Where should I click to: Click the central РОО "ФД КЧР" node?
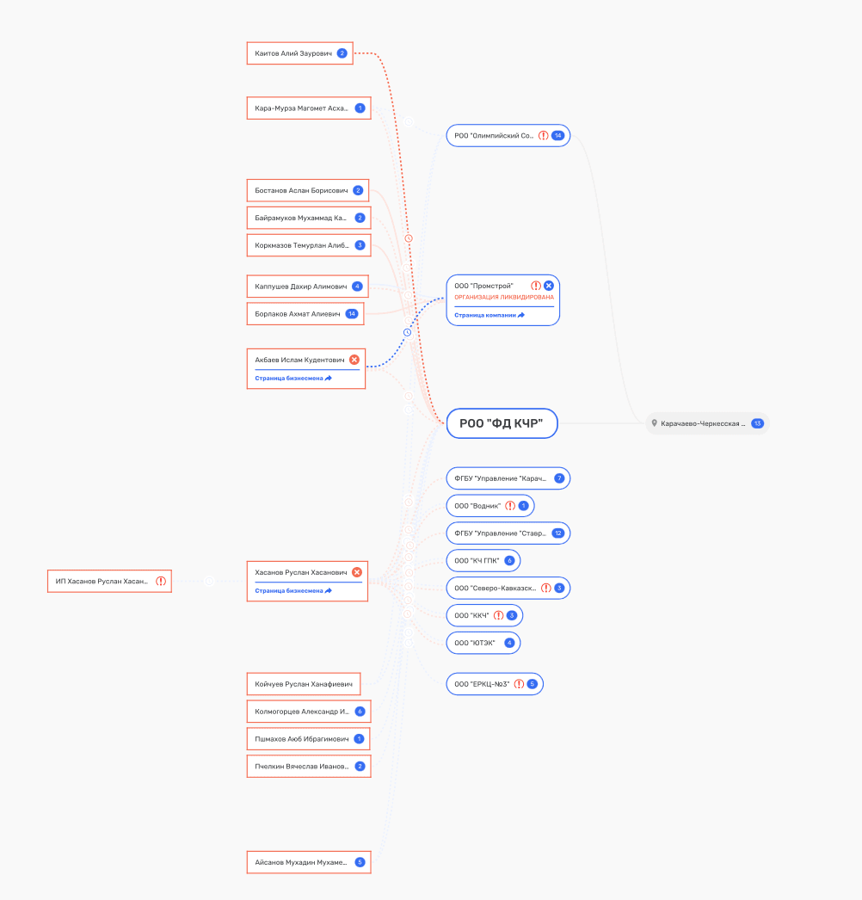click(502, 423)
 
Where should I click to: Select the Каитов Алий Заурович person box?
click(299, 53)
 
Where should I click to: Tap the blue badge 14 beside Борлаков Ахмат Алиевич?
click(352, 314)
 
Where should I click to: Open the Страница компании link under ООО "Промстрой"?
click(489, 315)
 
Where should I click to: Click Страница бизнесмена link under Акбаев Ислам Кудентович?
click(293, 379)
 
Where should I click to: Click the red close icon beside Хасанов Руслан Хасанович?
click(357, 572)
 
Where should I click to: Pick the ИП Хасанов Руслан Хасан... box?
click(109, 581)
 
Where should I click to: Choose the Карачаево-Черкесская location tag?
click(708, 423)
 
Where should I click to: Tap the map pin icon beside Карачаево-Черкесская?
click(655, 423)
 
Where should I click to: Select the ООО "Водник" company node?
click(490, 506)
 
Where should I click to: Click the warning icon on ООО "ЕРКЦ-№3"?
click(519, 684)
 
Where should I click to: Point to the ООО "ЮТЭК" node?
click(483, 643)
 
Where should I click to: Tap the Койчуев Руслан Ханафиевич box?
click(304, 684)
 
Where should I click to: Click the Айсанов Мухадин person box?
click(309, 862)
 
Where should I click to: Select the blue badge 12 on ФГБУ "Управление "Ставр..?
click(557, 533)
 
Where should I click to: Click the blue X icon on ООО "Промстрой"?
click(549, 286)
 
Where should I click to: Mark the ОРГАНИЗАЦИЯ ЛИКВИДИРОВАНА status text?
click(504, 298)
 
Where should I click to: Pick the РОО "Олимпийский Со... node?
click(508, 135)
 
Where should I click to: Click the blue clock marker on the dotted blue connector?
click(408, 332)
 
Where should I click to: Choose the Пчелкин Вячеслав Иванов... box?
click(309, 767)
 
